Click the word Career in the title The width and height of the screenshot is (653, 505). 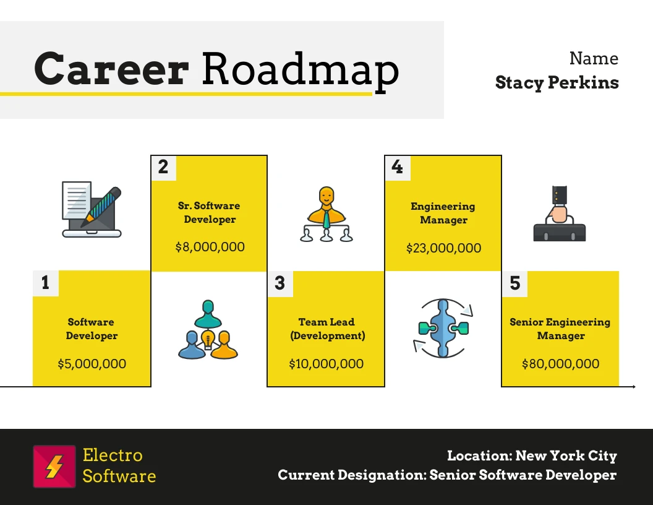pyautogui.click(x=111, y=69)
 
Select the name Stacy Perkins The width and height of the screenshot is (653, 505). pyautogui.click(x=557, y=82)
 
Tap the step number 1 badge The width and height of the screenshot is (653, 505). pyautogui.click(x=46, y=283)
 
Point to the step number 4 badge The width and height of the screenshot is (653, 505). pyautogui.click(x=397, y=168)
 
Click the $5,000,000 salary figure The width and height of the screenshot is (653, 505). pyautogui.click(x=92, y=364)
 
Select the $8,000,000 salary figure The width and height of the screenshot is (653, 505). pyautogui.click(x=210, y=247)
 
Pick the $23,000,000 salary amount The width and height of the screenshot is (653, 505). pyautogui.click(x=443, y=248)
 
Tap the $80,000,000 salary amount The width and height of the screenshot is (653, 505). pyautogui.click(x=560, y=364)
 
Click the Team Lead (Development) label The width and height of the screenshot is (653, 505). pyautogui.click(x=327, y=329)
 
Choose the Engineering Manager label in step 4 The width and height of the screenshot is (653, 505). pyautogui.click(x=443, y=213)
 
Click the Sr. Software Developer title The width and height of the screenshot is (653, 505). pyautogui.click(x=209, y=212)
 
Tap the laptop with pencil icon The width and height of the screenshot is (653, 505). pyautogui.click(x=92, y=210)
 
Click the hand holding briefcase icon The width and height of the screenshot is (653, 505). pyautogui.click(x=559, y=214)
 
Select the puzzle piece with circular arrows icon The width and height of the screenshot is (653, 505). pyautogui.click(x=443, y=328)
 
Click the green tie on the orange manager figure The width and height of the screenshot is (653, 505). pyautogui.click(x=326, y=219)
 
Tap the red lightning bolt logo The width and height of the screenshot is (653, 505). pyautogui.click(x=54, y=466)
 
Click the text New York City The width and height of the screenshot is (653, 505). pyautogui.click(x=566, y=456)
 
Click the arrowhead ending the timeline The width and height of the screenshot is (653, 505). pyautogui.click(x=634, y=387)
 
